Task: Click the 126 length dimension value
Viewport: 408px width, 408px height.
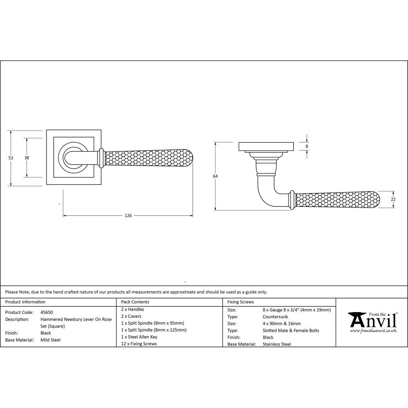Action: pyautogui.click(x=128, y=215)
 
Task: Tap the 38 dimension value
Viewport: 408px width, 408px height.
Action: pyautogui.click(x=27, y=157)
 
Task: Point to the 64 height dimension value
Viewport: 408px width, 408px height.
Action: pyautogui.click(x=215, y=176)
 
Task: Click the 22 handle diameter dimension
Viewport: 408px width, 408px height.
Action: pyautogui.click(x=393, y=199)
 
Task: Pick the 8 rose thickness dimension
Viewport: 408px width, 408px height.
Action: pyautogui.click(x=307, y=146)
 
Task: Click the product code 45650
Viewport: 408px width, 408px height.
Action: pyautogui.click(x=47, y=312)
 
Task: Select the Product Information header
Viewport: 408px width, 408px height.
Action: pyautogui.click(x=25, y=302)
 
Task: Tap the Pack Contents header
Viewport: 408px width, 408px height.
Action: pyautogui.click(x=135, y=302)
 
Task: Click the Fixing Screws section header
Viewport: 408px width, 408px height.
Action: pyautogui.click(x=241, y=302)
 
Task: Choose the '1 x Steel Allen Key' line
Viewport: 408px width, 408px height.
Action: pyautogui.click(x=139, y=337)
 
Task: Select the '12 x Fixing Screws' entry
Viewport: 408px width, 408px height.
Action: pyautogui.click(x=139, y=344)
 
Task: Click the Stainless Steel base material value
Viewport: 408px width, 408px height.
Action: pyautogui.click(x=277, y=344)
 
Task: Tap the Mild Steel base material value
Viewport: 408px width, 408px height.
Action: pyautogui.click(x=51, y=340)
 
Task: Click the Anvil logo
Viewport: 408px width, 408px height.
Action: pyautogui.click(x=372, y=320)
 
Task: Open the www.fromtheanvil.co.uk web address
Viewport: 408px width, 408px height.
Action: pyautogui.click(x=373, y=331)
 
